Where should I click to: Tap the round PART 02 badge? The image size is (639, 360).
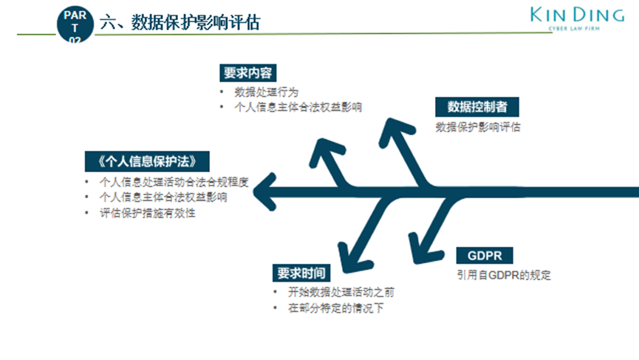tap(75, 26)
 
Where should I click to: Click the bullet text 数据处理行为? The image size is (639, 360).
tap(267, 92)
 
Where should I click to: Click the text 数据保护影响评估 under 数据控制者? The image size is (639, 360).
tap(478, 127)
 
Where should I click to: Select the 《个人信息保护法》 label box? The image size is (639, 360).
tap(147, 160)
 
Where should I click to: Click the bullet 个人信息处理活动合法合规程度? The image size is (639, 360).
tap(174, 181)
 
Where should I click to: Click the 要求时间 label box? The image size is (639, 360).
tap(297, 273)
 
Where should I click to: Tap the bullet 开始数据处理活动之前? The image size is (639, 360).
tap(335, 292)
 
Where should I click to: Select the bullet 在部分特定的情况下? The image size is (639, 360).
tap(335, 308)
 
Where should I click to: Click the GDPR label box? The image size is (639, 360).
tap(485, 256)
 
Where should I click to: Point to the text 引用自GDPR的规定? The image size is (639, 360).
tap(504, 276)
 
